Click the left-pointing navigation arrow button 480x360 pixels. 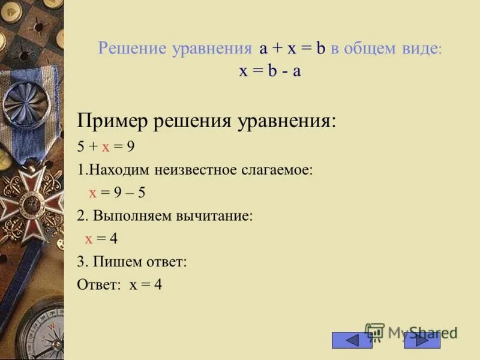(352, 340)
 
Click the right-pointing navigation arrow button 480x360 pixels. (422, 340)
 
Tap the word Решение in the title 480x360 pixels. (131, 50)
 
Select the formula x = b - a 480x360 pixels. (269, 70)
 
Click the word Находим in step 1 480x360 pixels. (119, 169)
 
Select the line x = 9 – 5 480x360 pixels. (118, 193)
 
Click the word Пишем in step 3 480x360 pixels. (114, 262)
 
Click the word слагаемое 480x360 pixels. (275, 169)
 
